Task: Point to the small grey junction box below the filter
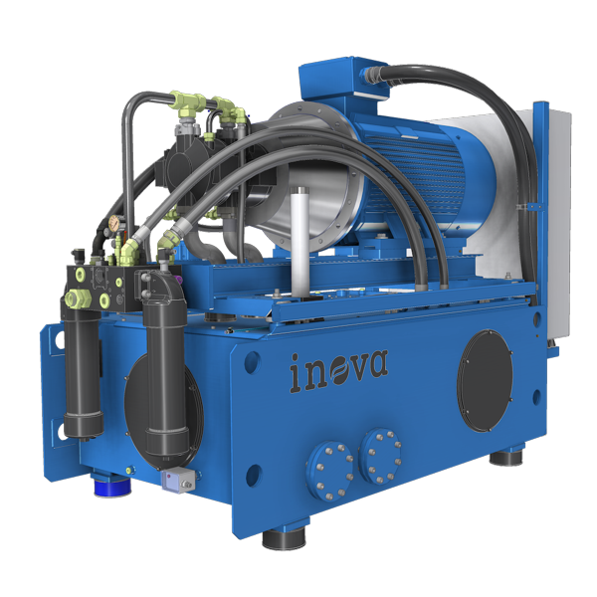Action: [x=178, y=479]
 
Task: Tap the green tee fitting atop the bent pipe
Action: [x=187, y=101]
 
